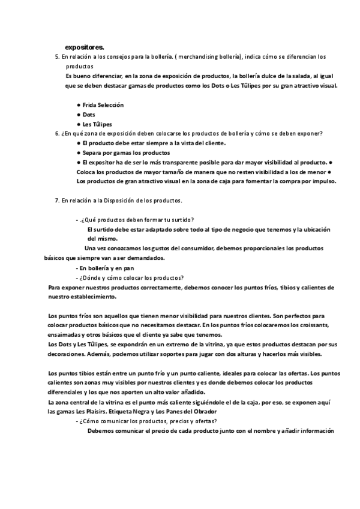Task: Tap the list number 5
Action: click(56, 56)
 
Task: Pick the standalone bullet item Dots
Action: click(89, 114)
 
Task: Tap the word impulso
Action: click(323, 181)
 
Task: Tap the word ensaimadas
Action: click(62, 334)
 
